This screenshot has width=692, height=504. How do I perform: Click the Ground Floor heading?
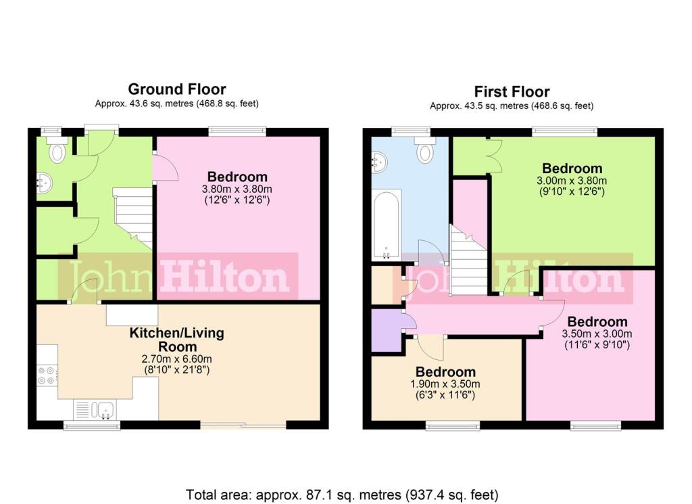[x=177, y=89]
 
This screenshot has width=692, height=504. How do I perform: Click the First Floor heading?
[x=512, y=91]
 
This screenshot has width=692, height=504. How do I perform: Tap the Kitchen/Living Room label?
[x=177, y=340]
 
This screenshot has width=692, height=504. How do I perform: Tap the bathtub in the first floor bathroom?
[x=387, y=225]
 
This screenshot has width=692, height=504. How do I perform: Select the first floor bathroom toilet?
[x=425, y=151]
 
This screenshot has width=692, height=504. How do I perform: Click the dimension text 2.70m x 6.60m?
[x=177, y=359]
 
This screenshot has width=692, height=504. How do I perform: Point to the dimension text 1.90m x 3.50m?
[x=445, y=384]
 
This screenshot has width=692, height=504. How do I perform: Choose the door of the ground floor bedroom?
[x=165, y=168]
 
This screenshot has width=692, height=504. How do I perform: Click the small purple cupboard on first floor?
[x=387, y=329]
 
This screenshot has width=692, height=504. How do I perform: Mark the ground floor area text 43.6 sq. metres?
[x=177, y=104]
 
